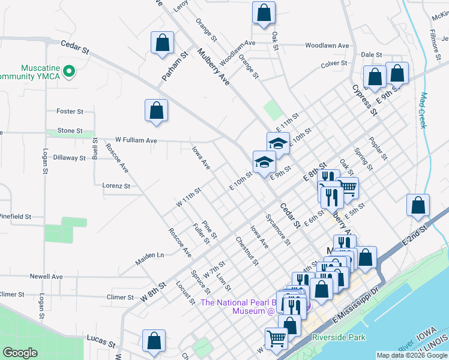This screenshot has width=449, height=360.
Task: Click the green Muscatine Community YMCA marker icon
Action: (69, 71)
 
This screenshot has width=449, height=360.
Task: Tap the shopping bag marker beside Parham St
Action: (162, 43)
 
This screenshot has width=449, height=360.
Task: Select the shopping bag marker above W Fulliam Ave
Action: (156, 110)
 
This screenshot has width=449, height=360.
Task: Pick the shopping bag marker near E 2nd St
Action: (418, 205)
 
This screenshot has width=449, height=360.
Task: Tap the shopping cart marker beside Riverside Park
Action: (276, 338)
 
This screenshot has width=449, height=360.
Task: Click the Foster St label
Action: (69, 112)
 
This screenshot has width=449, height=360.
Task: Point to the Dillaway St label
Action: (69, 158)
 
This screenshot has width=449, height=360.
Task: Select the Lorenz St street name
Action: (116, 186)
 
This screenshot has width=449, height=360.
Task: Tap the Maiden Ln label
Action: (151, 255)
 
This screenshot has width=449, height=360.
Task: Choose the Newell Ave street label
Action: (46, 277)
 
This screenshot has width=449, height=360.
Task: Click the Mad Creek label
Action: (423, 110)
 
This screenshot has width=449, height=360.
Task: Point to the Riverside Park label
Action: (339, 338)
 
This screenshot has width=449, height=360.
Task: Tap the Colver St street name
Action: (334, 64)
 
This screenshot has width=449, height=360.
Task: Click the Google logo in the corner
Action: (20, 352)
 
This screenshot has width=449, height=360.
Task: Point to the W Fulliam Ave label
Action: (136, 140)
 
